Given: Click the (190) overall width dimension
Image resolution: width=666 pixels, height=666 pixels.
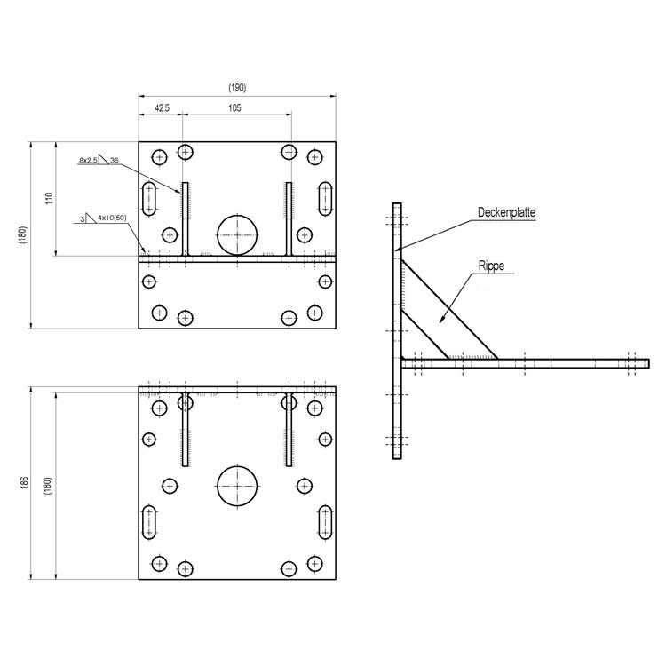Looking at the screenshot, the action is (237, 88).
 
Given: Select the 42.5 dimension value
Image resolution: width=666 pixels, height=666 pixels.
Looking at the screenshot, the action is (162, 107).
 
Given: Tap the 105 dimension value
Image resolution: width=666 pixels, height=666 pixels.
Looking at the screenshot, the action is (235, 107).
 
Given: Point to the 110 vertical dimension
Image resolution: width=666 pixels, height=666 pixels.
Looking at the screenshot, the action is (49, 198).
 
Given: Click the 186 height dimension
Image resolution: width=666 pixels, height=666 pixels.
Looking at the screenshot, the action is (24, 482).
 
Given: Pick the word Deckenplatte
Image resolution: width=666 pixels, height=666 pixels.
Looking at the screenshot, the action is (506, 212).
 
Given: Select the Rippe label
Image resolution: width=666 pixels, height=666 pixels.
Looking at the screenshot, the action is (491, 266).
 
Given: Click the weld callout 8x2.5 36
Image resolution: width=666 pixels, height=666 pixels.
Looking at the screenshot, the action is (99, 160).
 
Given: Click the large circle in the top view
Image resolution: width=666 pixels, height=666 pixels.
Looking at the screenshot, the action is (237, 235).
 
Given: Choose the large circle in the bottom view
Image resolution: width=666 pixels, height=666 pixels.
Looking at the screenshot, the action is (237, 486).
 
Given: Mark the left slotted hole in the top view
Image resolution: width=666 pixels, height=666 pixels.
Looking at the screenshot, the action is (148, 199).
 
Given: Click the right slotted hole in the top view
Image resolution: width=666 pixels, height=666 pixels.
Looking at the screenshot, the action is (325, 199).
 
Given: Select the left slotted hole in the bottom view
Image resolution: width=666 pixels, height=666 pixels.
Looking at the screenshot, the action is (148, 522).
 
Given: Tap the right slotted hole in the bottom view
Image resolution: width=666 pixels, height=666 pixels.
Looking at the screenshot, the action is (325, 522).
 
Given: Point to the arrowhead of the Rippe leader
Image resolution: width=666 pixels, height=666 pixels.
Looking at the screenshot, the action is (440, 321).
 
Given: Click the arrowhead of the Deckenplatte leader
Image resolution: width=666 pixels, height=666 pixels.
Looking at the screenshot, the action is (398, 250).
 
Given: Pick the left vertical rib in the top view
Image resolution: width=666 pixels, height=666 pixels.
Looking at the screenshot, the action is (186, 218).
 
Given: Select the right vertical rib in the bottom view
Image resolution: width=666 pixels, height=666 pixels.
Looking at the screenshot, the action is (289, 430).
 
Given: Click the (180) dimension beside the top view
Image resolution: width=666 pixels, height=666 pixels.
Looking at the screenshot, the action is (22, 235).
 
